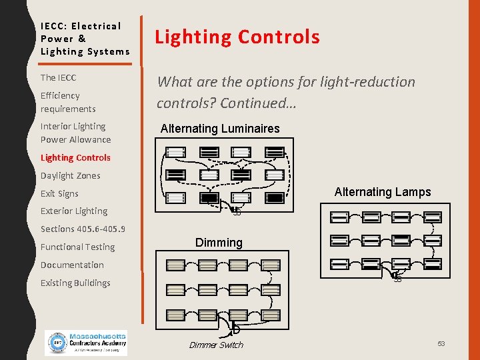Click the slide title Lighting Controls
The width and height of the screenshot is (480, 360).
[237, 37]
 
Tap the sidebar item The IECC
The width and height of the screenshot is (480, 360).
[58, 77]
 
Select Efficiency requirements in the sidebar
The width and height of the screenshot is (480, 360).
[68, 102]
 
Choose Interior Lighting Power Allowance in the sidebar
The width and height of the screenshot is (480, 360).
[75, 133]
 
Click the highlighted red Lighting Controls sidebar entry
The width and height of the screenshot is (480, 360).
[75, 157]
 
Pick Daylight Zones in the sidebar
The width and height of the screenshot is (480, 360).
[70, 175]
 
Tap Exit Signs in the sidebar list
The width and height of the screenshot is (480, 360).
[59, 193]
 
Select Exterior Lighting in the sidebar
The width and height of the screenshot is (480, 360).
[73, 211]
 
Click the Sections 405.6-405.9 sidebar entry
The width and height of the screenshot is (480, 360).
[83, 229]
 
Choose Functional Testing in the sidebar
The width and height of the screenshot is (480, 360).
[77, 247]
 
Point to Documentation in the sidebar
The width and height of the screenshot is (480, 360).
[72, 265]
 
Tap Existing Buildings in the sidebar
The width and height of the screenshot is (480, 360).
[75, 283]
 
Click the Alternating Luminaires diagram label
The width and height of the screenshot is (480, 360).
[220, 129]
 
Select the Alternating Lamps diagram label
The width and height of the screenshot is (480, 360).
[383, 192]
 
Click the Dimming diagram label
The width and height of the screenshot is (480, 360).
[219, 243]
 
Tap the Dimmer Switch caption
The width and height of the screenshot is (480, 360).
[216, 345]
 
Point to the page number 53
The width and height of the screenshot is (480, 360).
[441, 343]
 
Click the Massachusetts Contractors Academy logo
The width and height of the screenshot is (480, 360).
[85, 343]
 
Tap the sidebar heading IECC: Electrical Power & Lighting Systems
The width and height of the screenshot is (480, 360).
[85, 39]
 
